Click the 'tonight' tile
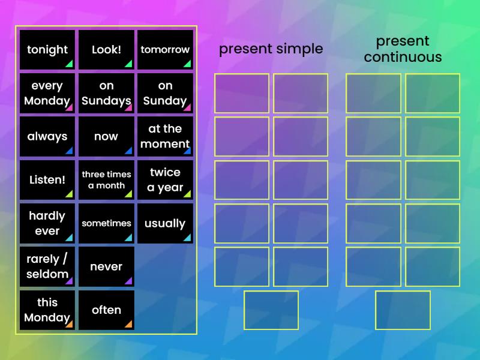click(x=47, y=50)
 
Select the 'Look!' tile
click(x=106, y=50)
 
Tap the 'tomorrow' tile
click(x=165, y=50)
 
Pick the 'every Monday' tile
click(x=47, y=94)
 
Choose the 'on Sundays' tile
click(x=106, y=94)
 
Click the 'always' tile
click(x=47, y=137)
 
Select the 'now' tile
click(x=106, y=137)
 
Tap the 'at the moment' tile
click(x=165, y=137)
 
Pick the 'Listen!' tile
click(x=47, y=180)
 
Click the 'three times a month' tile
click(x=106, y=180)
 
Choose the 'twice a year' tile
click(x=165, y=180)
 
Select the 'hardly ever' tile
click(x=47, y=223)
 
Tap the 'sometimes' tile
click(x=106, y=223)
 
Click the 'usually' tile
click(x=165, y=223)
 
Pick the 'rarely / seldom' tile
click(x=47, y=266)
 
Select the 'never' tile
click(x=106, y=266)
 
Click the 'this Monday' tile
click(x=47, y=310)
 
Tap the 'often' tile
click(x=106, y=310)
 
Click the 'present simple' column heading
click(x=271, y=49)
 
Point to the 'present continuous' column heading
click(x=403, y=49)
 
